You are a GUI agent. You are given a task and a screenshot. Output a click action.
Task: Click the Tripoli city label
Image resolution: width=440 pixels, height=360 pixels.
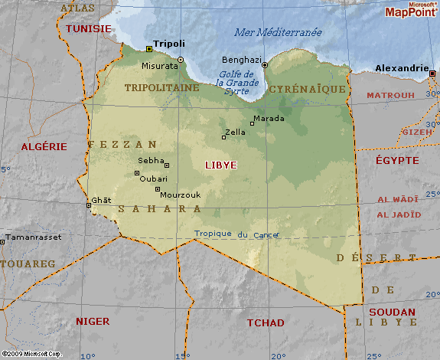click(169, 44)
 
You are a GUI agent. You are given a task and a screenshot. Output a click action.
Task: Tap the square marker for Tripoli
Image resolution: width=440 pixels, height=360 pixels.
click(148, 49)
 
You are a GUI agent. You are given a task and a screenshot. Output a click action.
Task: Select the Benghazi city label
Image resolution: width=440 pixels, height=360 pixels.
click(242, 59)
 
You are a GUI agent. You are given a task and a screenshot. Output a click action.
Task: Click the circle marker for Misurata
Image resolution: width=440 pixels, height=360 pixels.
click(181, 59)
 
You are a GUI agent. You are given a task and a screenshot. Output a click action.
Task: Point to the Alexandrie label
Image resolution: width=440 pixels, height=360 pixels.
click(402, 67)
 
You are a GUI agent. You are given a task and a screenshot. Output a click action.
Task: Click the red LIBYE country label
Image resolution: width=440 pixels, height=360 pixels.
click(221, 165)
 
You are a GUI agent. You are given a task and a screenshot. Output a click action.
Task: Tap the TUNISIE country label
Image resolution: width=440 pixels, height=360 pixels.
click(88, 28)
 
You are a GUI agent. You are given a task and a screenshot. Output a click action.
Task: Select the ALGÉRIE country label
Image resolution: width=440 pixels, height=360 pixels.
click(44, 146)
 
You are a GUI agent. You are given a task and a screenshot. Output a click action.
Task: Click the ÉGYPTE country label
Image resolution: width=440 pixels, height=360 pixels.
click(396, 160)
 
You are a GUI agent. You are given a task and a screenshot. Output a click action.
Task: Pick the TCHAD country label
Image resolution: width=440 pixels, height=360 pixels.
click(266, 322)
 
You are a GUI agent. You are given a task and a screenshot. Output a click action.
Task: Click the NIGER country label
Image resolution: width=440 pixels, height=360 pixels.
click(93, 321)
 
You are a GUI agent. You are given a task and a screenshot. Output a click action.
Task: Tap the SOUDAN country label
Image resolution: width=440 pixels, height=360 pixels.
click(392, 312)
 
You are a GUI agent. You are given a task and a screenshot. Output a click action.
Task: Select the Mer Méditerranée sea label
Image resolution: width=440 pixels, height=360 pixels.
click(277, 32)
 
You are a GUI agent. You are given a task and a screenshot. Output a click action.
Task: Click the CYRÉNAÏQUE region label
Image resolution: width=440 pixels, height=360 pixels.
click(308, 89)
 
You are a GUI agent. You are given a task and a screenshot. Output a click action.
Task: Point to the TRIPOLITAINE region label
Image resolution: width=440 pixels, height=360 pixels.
click(161, 87)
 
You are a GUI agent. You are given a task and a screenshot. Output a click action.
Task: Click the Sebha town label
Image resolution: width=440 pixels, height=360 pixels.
click(151, 160)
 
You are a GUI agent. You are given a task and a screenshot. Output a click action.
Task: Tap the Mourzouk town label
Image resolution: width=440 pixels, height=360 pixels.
click(181, 195)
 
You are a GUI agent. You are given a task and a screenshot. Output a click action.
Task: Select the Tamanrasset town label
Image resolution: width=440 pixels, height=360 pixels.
click(31, 237)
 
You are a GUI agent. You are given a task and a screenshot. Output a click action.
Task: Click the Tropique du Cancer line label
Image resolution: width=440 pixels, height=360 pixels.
click(236, 234)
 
